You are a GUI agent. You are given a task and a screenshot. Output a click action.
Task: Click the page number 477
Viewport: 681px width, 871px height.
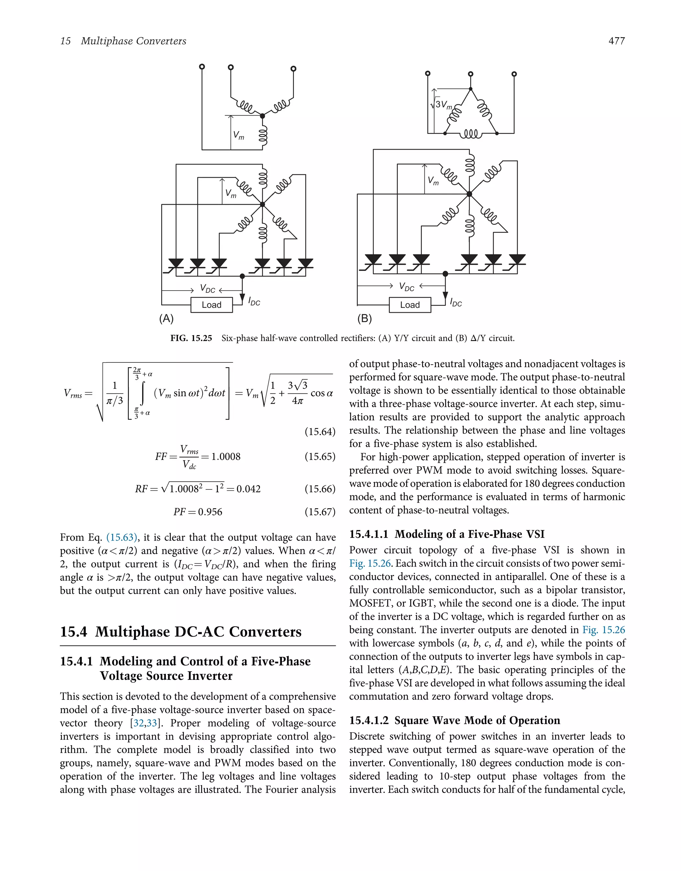(x=616, y=41)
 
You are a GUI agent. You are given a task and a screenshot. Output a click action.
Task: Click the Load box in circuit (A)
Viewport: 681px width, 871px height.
(x=211, y=305)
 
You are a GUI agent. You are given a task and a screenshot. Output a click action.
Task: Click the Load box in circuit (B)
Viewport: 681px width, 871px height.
(x=410, y=305)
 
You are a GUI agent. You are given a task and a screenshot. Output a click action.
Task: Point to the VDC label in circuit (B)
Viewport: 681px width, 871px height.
(x=407, y=287)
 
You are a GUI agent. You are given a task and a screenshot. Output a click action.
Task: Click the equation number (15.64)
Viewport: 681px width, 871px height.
(x=320, y=432)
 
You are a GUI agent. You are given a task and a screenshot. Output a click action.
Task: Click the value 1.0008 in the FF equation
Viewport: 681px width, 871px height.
(x=226, y=457)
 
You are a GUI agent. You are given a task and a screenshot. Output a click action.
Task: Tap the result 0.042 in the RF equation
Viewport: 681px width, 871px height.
(x=248, y=489)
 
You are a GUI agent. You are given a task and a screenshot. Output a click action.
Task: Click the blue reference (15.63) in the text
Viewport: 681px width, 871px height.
(x=122, y=537)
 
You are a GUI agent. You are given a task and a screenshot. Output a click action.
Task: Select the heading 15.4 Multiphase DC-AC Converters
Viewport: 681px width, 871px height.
(x=181, y=632)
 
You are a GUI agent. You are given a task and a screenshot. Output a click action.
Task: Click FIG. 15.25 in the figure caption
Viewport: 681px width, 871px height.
(x=191, y=338)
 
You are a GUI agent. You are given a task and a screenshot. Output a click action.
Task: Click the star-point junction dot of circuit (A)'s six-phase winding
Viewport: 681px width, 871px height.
(x=262, y=204)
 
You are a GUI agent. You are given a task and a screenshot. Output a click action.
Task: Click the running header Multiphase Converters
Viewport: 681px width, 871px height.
(x=133, y=41)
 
